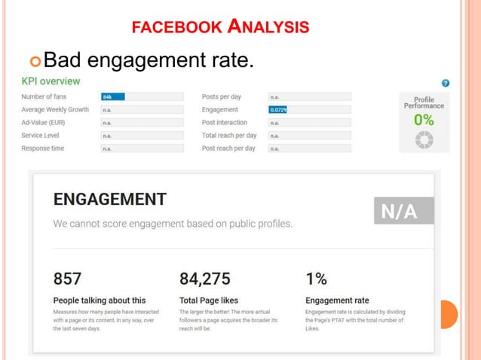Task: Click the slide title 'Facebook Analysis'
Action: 220,28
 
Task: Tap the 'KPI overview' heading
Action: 51,81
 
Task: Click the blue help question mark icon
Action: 446,83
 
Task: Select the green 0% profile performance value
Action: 424,121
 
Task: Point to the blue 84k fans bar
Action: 112,96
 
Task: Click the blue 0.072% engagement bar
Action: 277,109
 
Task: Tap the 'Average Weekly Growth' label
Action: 55,109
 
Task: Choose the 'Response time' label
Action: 43,148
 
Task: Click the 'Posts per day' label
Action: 222,96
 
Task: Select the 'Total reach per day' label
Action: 229,136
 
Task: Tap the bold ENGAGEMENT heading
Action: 110,200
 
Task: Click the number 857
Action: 67,279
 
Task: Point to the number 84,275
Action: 205,279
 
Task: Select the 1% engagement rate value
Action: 316,279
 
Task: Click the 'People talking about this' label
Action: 100,300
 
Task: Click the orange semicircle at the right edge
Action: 449,315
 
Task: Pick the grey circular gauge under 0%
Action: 424,139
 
